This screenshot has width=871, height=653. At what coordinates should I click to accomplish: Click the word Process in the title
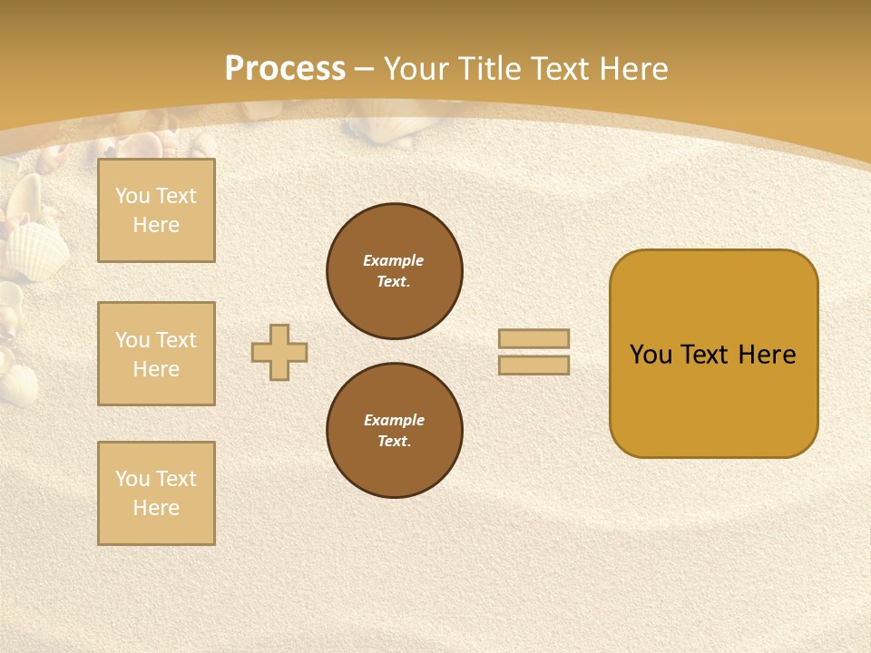[285, 68]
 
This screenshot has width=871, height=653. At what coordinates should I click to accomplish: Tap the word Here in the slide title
[631, 68]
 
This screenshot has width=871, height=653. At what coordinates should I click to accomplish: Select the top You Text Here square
[156, 210]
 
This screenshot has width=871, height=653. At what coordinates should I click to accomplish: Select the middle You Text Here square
[156, 354]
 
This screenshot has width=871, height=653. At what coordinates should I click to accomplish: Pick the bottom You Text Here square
[156, 493]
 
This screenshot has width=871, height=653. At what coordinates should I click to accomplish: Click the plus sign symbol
[279, 352]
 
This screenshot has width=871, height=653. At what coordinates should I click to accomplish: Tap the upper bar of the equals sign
[533, 338]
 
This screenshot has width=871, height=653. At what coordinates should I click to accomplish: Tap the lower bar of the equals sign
[533, 365]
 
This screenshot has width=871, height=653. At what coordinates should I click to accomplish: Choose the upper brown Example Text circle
[395, 271]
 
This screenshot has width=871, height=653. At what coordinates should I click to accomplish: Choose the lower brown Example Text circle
[395, 431]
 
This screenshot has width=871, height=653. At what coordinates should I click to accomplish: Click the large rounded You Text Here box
[713, 353]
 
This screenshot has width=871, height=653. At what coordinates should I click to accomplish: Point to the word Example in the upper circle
[394, 260]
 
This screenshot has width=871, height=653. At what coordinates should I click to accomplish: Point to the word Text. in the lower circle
[394, 441]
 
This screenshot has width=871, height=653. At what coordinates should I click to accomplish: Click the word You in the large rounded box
[651, 355]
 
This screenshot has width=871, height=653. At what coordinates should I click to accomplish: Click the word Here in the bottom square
[156, 508]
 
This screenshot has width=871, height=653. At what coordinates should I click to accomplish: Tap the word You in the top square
[132, 196]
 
